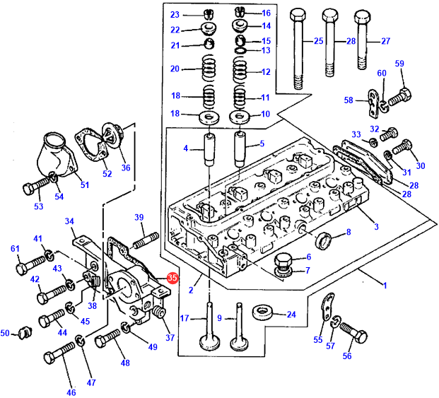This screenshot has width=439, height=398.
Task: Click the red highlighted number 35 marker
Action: (x=172, y=279)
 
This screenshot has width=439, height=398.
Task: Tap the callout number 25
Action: (x=318, y=41)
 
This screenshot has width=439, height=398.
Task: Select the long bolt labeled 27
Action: (x=363, y=42)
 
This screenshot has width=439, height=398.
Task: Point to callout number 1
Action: (x=385, y=284)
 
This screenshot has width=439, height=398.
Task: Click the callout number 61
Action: (x=14, y=248)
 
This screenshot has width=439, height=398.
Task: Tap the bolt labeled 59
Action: (x=399, y=94)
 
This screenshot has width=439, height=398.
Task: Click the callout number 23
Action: (x=175, y=14)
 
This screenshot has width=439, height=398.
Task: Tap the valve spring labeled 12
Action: (x=240, y=71)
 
